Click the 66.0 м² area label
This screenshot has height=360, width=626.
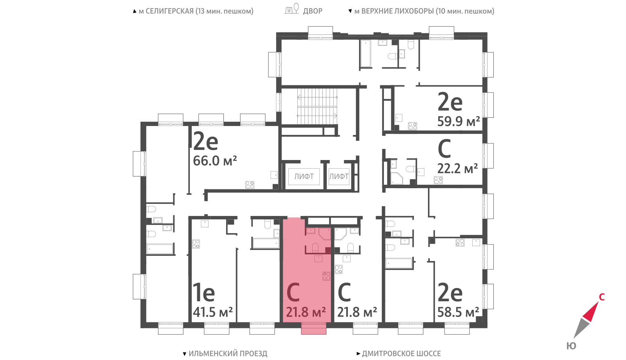tap(215, 161)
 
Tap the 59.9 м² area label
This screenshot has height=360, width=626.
tap(459, 121)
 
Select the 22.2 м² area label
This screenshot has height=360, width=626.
tap(457, 169)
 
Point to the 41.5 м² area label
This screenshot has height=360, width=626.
tap(213, 312)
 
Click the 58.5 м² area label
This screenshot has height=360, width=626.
tap(458, 312)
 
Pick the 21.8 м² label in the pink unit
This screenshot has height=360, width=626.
tap(306, 312)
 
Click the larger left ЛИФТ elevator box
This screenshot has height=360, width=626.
tap(304, 176)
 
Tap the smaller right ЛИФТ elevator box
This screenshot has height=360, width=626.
tap(339, 176)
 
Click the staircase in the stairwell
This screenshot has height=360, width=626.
tap(317, 106)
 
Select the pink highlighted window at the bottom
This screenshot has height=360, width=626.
tap(313, 328)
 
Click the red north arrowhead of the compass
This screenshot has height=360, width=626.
tap(591, 311)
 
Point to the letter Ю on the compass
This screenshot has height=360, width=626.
tap(571, 346)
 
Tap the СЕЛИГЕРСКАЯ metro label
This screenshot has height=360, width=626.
tap(196, 11)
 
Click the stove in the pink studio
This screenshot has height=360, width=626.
tap(326, 276)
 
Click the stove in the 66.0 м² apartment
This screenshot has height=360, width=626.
tap(250, 185)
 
